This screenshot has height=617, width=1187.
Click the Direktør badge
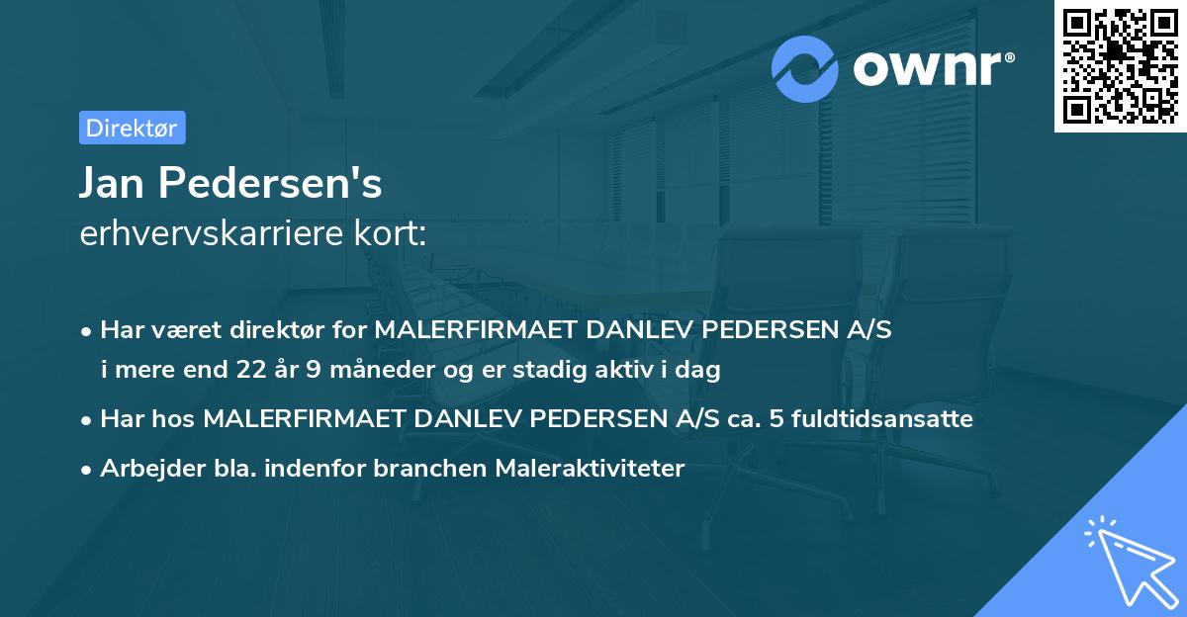132,128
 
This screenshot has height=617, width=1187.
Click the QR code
1119,65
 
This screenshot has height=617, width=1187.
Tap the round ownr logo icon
805,69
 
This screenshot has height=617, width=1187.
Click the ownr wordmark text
931,69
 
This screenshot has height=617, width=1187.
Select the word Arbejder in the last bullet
143,469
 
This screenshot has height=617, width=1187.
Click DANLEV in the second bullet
466,419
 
